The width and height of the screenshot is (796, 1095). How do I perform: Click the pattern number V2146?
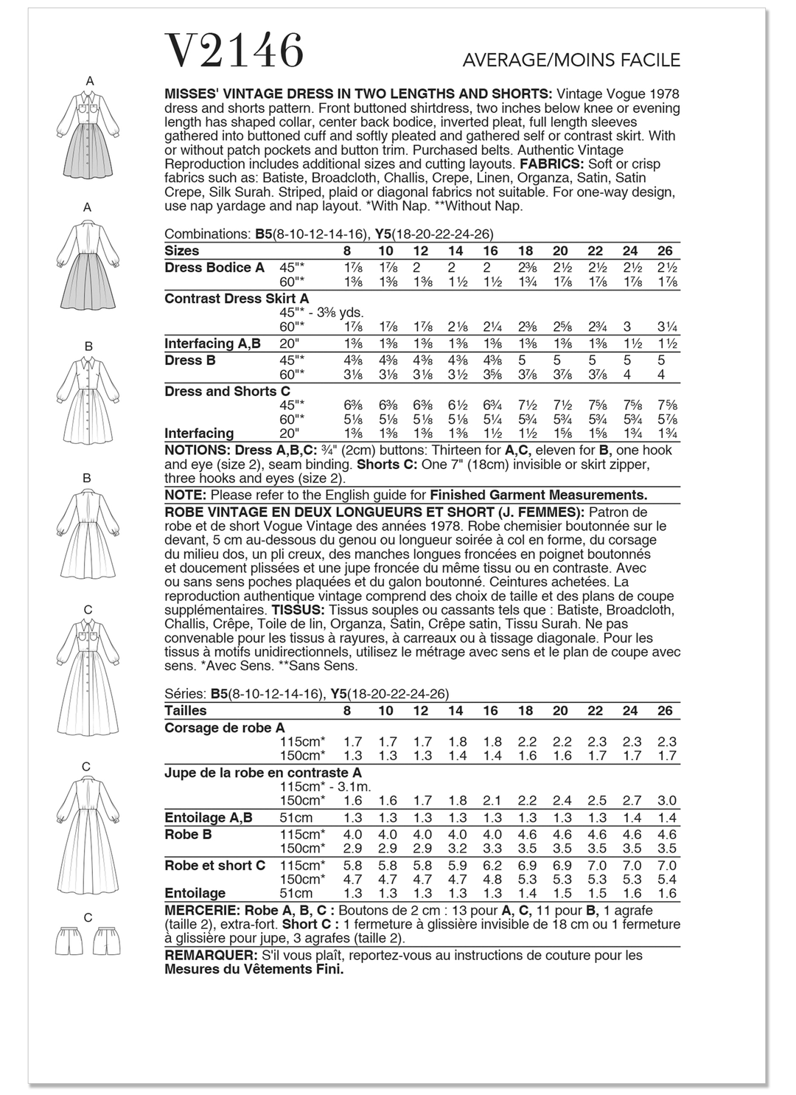(234, 51)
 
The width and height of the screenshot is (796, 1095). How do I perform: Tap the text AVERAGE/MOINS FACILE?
(570, 60)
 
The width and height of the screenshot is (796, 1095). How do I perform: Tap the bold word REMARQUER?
(209, 956)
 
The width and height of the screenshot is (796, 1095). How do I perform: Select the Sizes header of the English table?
(182, 251)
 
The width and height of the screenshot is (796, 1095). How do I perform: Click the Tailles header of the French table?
(186, 711)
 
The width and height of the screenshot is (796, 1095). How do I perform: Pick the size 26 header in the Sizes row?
(665, 251)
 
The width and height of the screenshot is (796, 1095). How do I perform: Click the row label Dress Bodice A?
(214, 268)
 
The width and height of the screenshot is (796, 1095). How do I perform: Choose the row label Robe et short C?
(214, 866)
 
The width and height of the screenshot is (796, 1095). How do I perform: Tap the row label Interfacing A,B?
(212, 344)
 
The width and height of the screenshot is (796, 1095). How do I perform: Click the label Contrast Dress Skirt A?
(237, 299)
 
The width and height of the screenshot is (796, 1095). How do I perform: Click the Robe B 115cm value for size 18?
(525, 835)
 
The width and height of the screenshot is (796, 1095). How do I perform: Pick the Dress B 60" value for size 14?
(455, 375)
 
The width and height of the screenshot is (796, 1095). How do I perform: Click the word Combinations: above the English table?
(208, 234)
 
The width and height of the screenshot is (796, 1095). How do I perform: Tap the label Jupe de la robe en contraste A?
(263, 773)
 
